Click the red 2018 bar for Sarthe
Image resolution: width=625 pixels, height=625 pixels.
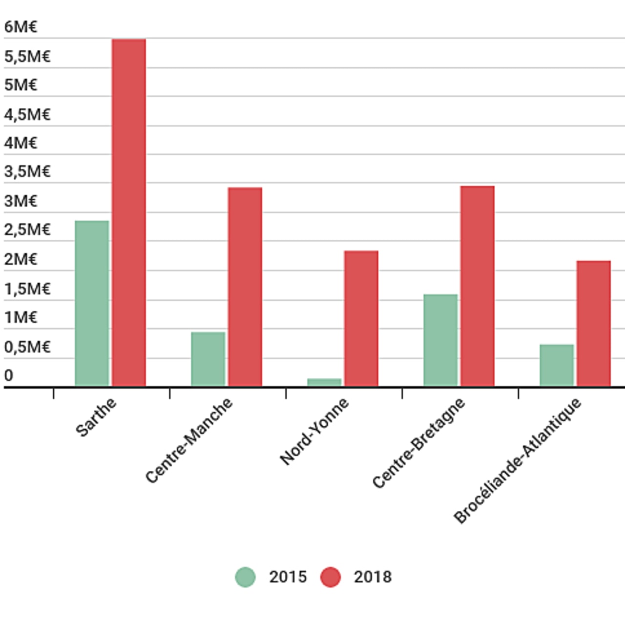pyautogui.click(x=129, y=212)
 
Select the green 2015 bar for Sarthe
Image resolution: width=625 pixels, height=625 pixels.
pyautogui.click(x=92, y=303)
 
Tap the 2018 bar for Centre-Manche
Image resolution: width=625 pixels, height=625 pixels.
pyautogui.click(x=245, y=287)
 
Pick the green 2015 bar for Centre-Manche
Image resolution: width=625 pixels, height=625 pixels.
pyautogui.click(x=208, y=359)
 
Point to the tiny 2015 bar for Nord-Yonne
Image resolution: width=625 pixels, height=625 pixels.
pyautogui.click(x=324, y=382)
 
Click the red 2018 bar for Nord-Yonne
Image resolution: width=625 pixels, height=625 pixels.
pyautogui.click(x=361, y=318)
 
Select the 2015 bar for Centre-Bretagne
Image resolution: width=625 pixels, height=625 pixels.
pyautogui.click(x=440, y=340)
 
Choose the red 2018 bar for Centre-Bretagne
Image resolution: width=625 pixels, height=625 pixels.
pyautogui.click(x=478, y=286)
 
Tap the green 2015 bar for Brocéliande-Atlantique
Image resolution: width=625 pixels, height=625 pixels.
pyautogui.click(x=557, y=365)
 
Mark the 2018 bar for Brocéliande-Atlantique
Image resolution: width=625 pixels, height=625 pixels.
pyautogui.click(x=594, y=323)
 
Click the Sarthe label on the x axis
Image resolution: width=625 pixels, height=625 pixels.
pyautogui.click(x=96, y=417)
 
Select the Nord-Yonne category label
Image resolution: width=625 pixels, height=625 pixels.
pyautogui.click(x=314, y=431)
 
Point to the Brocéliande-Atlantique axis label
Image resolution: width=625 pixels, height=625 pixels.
pyautogui.click(x=518, y=461)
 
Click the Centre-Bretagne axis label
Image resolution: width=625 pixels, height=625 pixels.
pyautogui.click(x=418, y=443)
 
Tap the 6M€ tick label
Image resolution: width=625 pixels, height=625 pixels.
pyautogui.click(x=21, y=27)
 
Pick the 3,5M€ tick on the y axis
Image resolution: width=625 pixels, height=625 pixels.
pyautogui.click(x=27, y=171)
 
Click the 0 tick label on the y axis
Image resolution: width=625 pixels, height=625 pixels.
pyautogui.click(x=9, y=375)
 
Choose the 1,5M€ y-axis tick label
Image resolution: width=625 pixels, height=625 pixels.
pyautogui.click(x=27, y=289)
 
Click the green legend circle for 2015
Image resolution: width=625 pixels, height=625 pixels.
pyautogui.click(x=245, y=577)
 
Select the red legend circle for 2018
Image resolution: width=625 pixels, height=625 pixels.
pyautogui.click(x=331, y=577)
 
